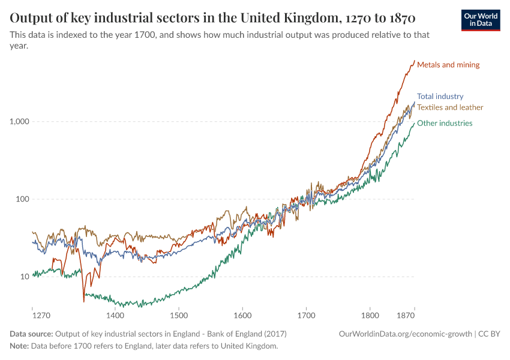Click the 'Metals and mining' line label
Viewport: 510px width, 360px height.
pyautogui.click(x=448, y=65)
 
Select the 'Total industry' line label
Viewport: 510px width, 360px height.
pyautogui.click(x=440, y=96)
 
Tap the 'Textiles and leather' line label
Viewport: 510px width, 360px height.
pyautogui.click(x=450, y=107)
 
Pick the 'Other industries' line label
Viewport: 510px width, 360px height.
pyautogui.click(x=445, y=123)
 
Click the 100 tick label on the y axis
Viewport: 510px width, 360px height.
pyautogui.click(x=23, y=199)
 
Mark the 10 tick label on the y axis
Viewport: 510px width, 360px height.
pyautogui.click(x=25, y=277)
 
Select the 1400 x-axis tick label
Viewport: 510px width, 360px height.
pyautogui.click(x=115, y=315)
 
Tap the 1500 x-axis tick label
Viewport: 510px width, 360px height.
pyautogui.click(x=179, y=315)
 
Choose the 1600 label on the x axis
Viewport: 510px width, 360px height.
pyautogui.click(x=242, y=315)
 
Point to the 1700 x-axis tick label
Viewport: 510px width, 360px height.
pyautogui.click(x=306, y=315)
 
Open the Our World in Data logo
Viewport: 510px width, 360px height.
pyautogui.click(x=481, y=20)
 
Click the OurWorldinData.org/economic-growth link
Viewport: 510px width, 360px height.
pyautogui.click(x=406, y=334)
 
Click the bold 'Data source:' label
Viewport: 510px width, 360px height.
pyautogui.click(x=31, y=334)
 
